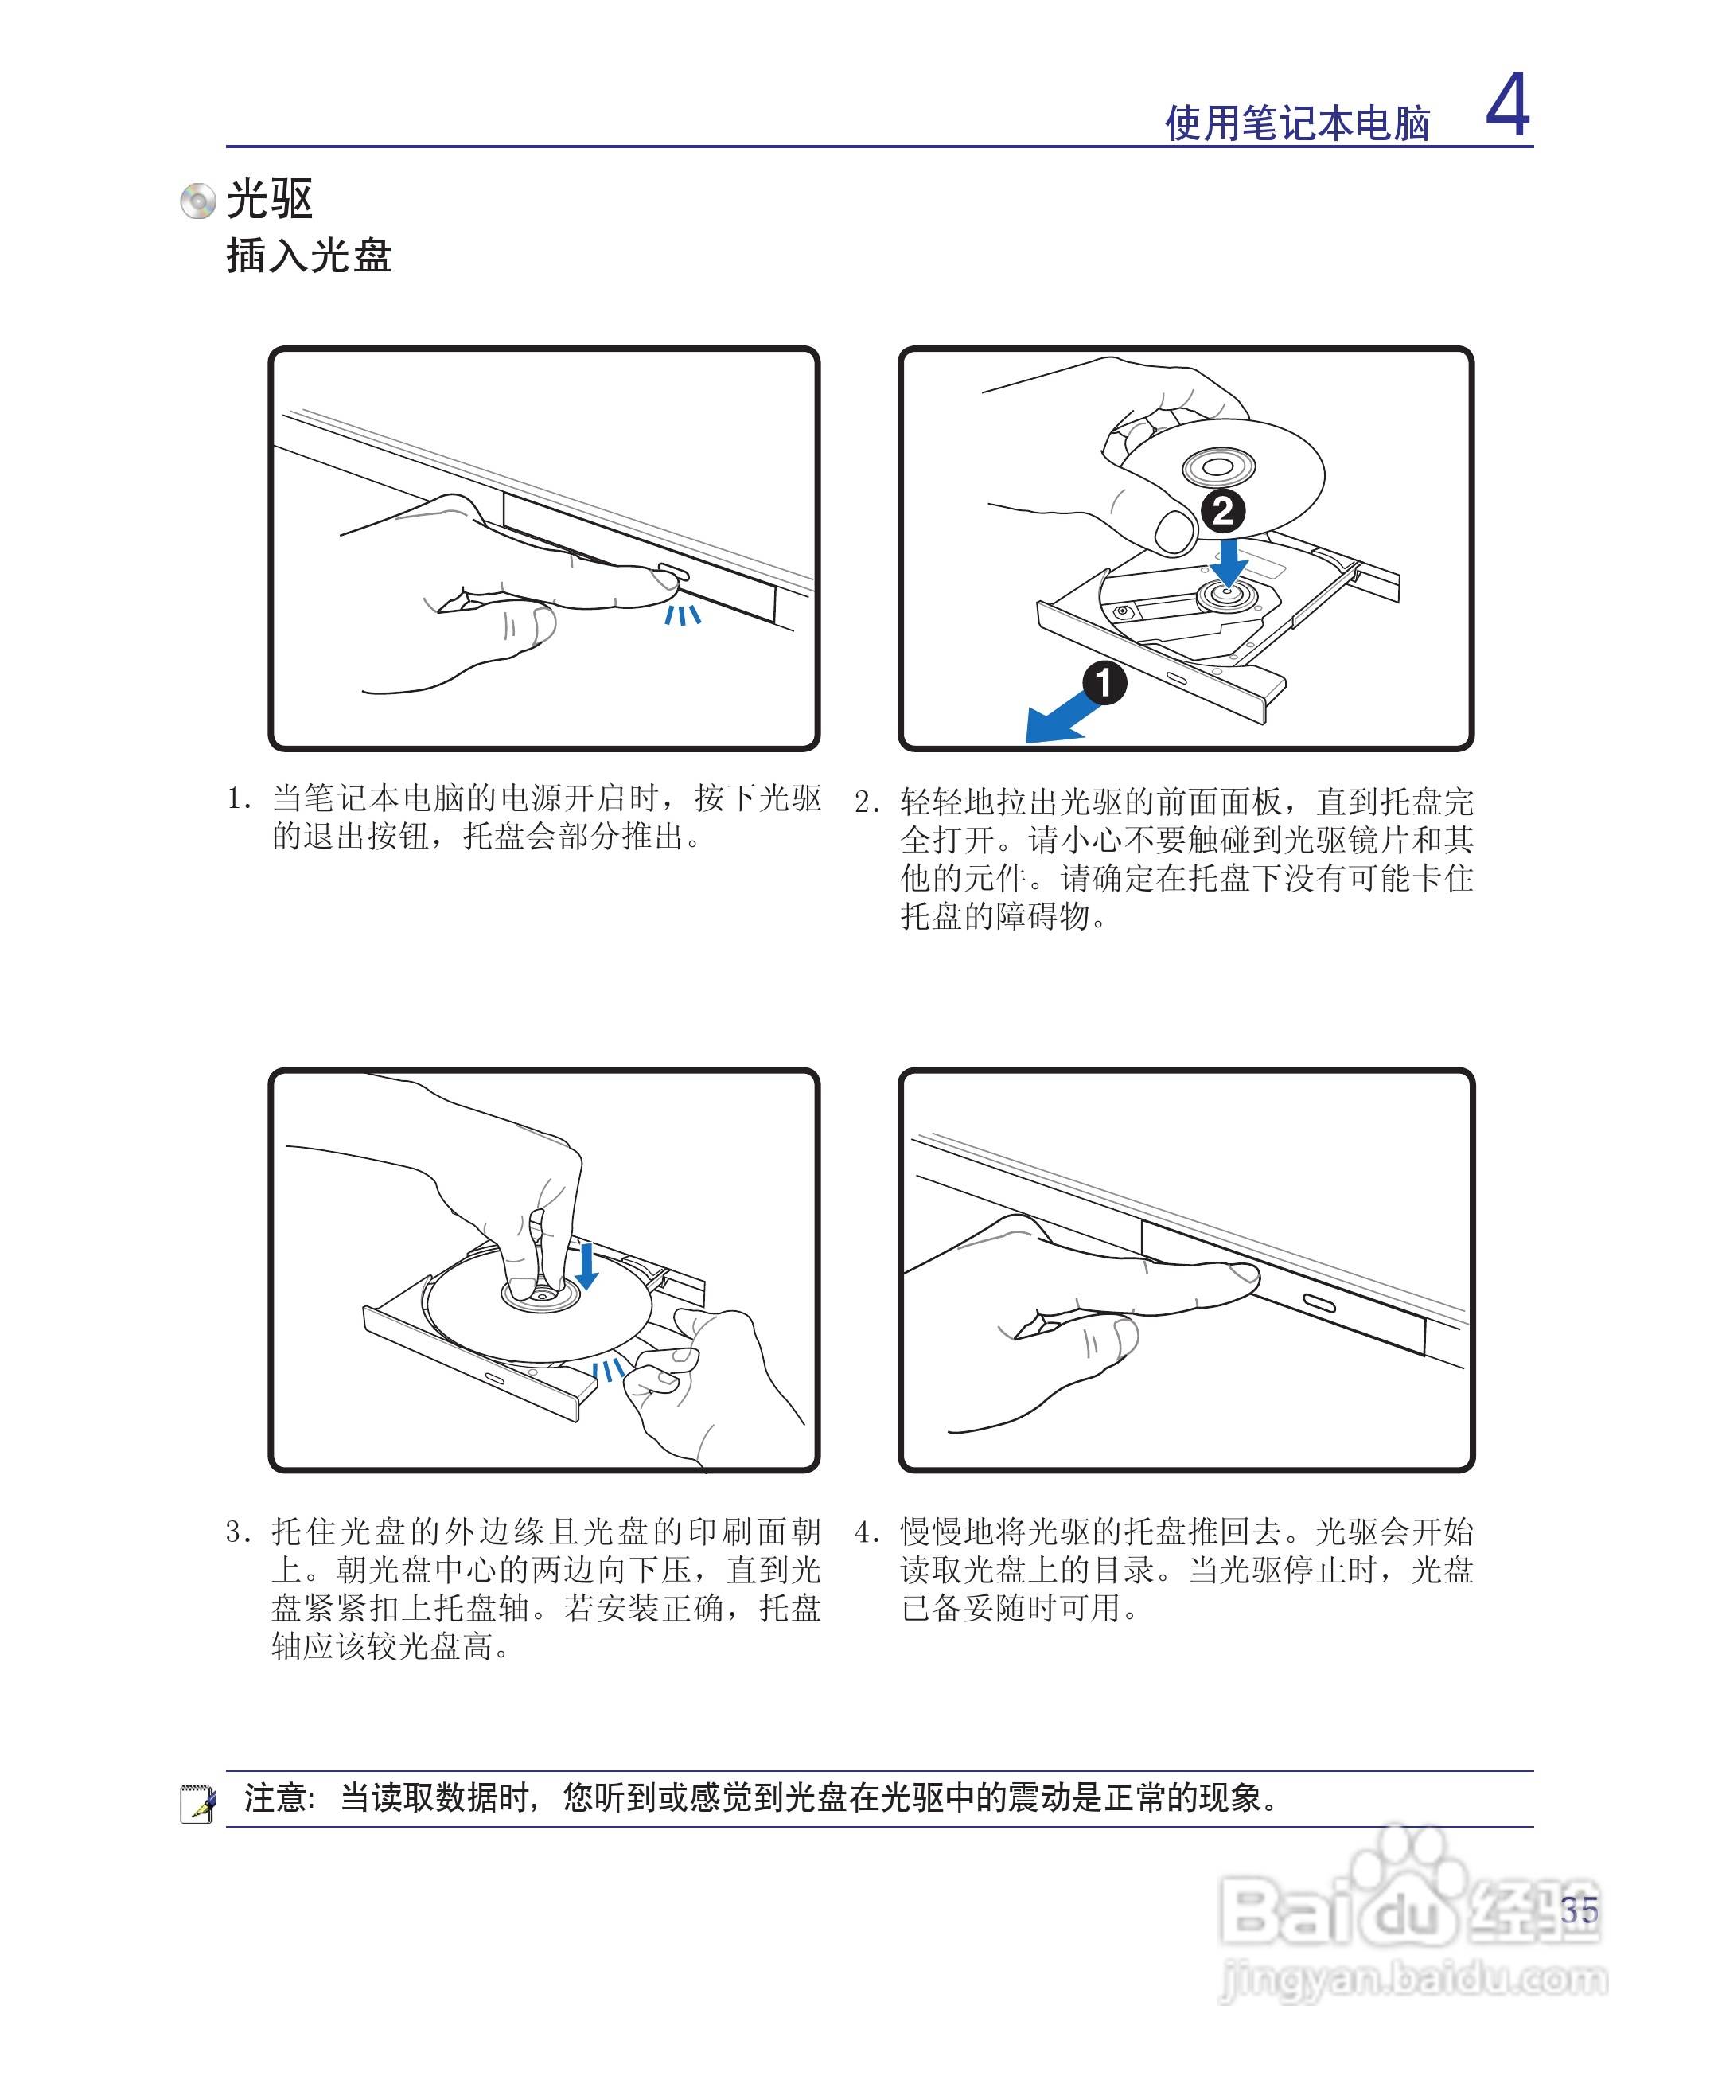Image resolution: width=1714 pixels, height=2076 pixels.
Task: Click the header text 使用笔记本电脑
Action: click(1297, 124)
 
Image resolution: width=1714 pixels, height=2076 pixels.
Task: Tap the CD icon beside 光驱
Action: click(197, 201)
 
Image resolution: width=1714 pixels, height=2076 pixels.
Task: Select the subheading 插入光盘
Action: click(309, 256)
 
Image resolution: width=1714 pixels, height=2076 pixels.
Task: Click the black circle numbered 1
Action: click(1104, 682)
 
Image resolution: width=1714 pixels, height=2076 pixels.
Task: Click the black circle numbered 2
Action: click(1222, 510)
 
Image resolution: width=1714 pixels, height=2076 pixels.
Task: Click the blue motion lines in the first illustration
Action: click(681, 615)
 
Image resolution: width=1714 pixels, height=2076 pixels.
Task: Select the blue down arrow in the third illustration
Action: click(586, 1266)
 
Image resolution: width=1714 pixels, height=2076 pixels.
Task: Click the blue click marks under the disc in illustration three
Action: click(608, 1370)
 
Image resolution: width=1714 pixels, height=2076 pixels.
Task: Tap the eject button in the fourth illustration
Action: click(1319, 1305)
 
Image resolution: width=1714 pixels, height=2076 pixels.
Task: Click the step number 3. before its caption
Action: click(238, 1532)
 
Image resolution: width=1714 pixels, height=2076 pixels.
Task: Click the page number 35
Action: click(1579, 1910)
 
